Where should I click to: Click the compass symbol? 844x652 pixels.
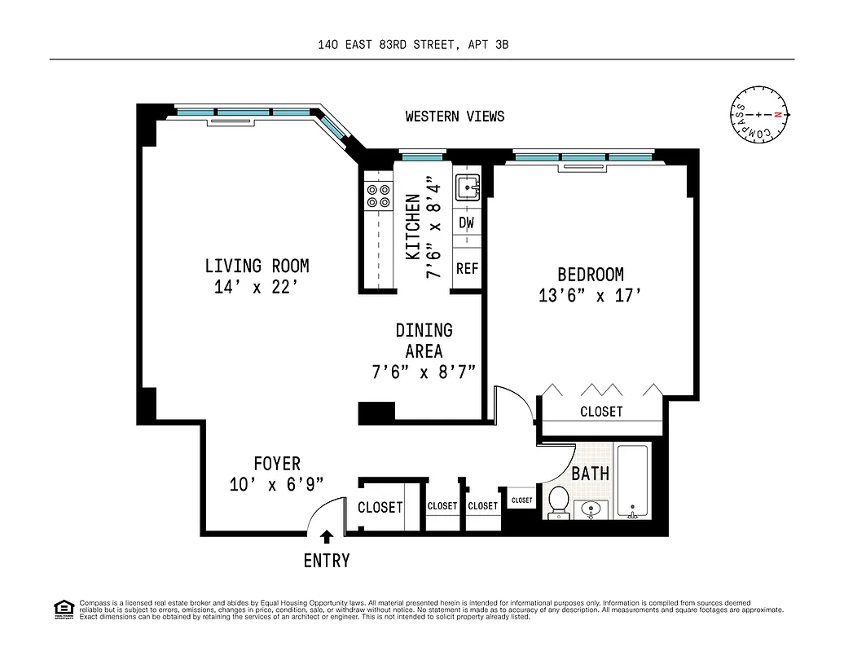(759, 116)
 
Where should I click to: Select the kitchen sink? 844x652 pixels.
(468, 187)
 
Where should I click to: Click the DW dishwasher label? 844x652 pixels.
(467, 222)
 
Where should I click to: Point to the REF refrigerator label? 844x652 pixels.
(467, 268)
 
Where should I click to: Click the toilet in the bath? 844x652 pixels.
(559, 501)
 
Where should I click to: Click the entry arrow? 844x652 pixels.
(327, 536)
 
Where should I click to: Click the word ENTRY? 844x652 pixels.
(327, 561)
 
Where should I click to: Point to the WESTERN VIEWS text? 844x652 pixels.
(455, 117)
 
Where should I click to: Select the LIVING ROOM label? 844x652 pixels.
(257, 266)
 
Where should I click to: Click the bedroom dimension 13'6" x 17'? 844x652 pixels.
(590, 296)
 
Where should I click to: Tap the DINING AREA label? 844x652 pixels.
(424, 341)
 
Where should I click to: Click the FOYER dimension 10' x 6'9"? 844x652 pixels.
(277, 484)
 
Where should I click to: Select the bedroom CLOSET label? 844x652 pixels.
(601, 412)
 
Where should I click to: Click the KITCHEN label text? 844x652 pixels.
(413, 227)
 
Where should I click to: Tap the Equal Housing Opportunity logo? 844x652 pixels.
(63, 608)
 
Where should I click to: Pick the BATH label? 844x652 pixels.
(590, 474)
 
